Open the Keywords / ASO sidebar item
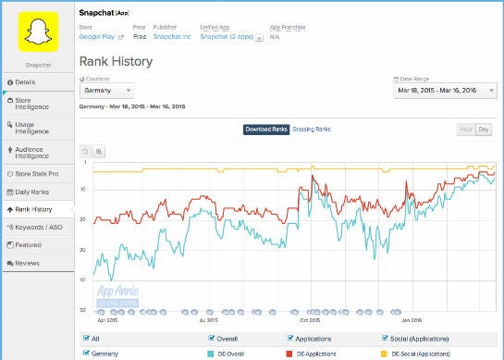coord(38,227)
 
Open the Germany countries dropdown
coord(107,91)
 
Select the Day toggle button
coord(484,130)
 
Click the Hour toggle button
coord(467,130)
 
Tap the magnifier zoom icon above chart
coord(100,151)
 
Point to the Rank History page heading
coord(116,62)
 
